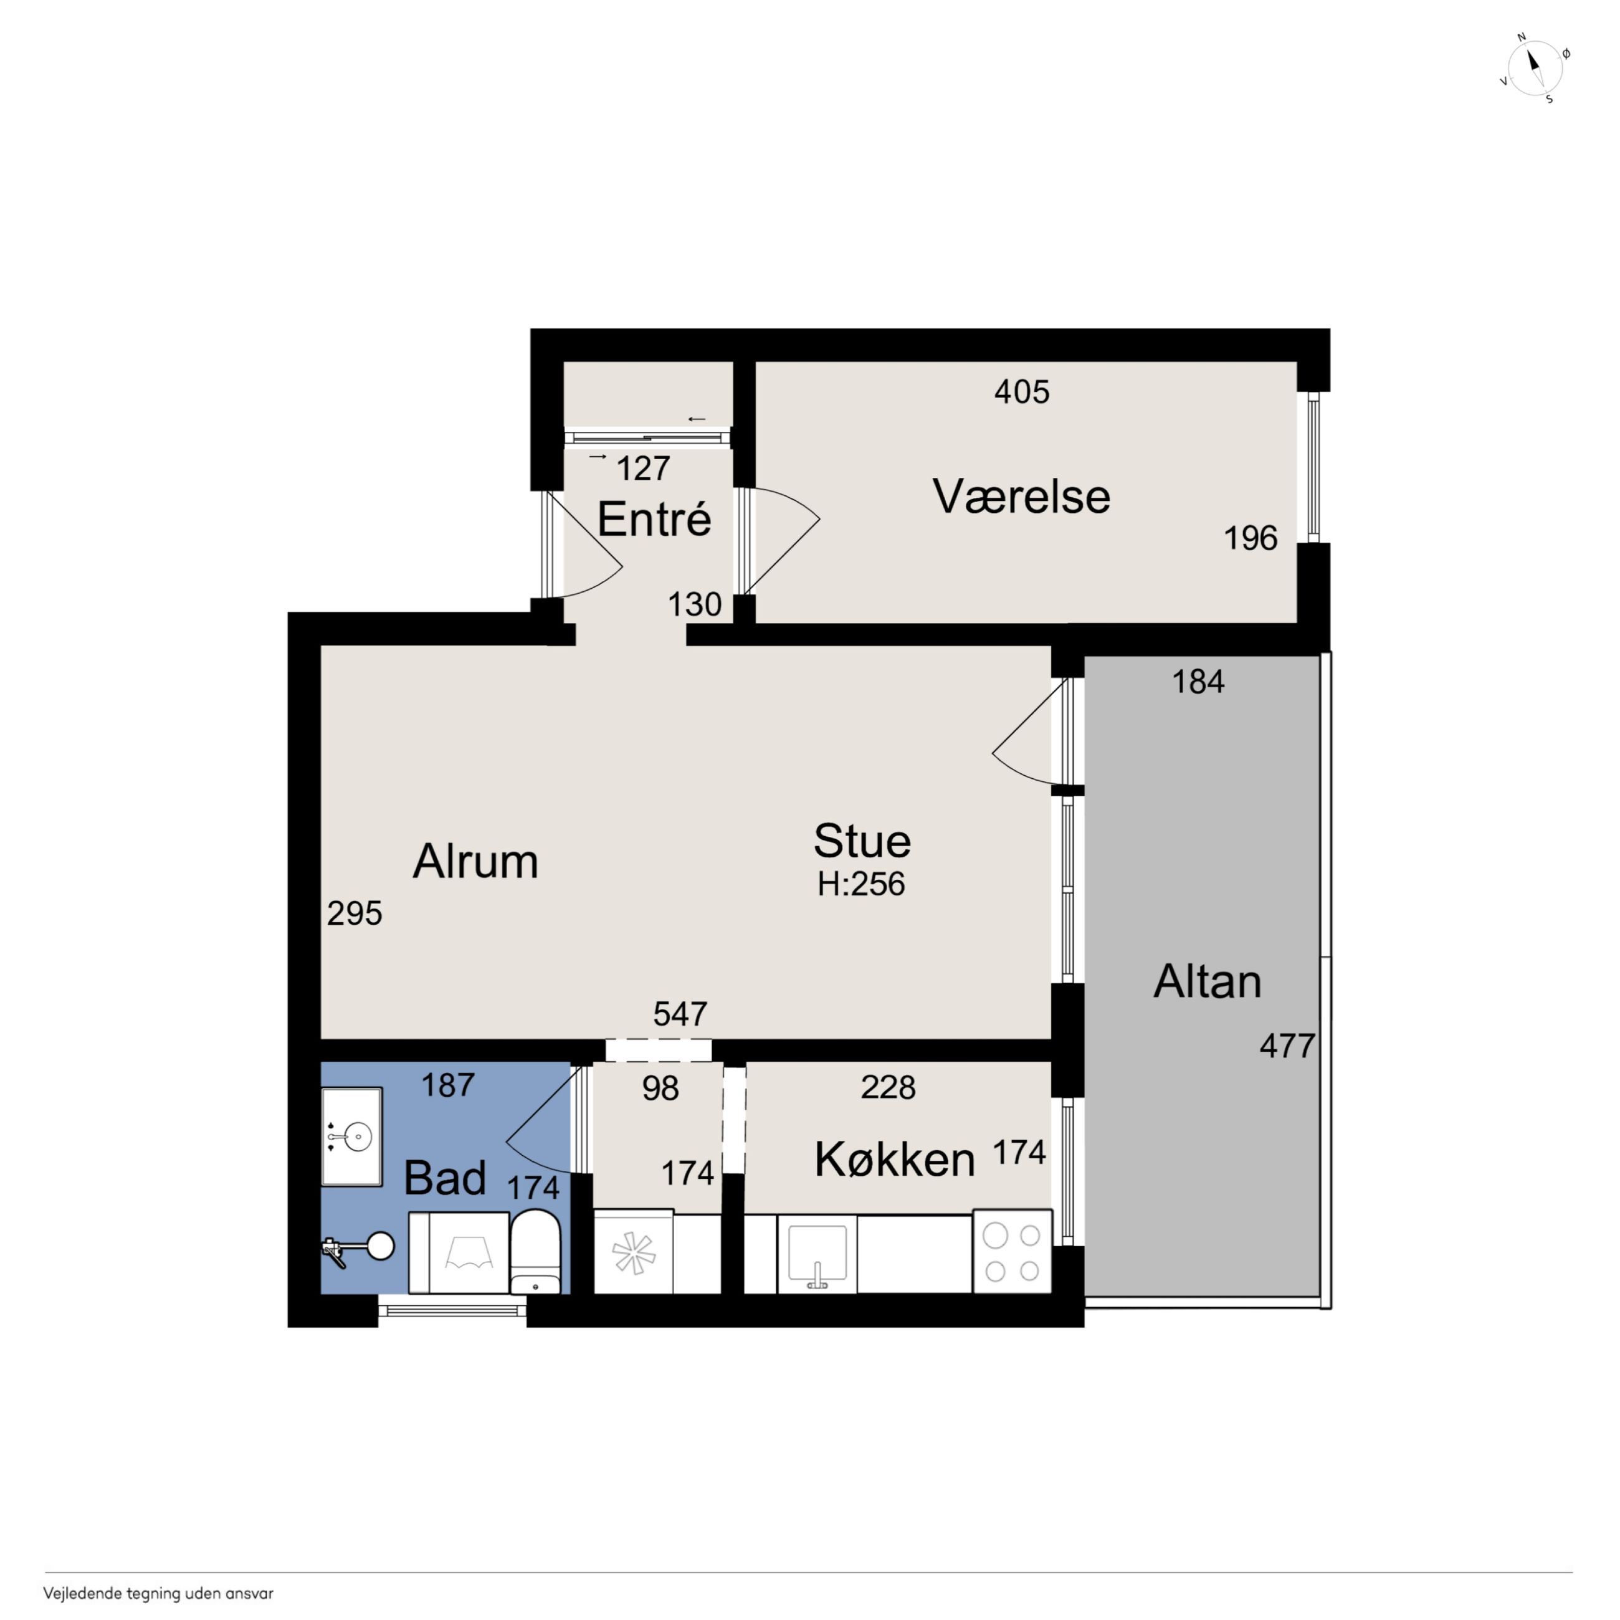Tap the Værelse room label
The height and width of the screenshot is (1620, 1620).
click(x=1021, y=497)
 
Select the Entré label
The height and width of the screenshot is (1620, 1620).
click(x=654, y=519)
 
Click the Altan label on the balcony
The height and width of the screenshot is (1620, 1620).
click(x=1208, y=981)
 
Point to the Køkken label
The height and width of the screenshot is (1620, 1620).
click(x=895, y=1160)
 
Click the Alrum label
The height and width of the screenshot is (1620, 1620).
click(x=475, y=861)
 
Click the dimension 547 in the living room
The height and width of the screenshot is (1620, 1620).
click(x=680, y=1014)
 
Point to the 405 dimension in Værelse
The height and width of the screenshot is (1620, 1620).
click(x=1022, y=391)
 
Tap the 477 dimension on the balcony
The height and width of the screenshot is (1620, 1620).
click(x=1287, y=1046)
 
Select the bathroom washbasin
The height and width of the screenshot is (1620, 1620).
click(x=352, y=1136)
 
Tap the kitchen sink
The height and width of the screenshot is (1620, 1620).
click(x=817, y=1254)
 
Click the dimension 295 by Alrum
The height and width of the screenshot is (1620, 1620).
click(x=355, y=913)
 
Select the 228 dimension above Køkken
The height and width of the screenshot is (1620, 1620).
click(x=888, y=1087)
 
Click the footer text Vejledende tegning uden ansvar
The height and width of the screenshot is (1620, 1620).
click(x=158, y=1593)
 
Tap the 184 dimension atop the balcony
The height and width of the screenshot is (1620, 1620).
click(x=1198, y=682)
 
